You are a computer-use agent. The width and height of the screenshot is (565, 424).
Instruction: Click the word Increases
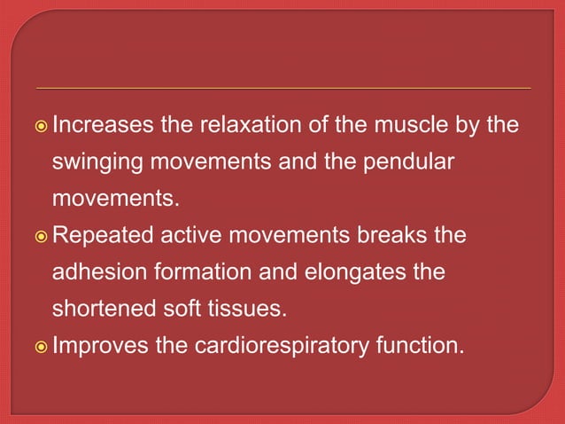103,127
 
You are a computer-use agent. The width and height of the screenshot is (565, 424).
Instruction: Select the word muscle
409,127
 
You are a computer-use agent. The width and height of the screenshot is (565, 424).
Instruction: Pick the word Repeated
99,237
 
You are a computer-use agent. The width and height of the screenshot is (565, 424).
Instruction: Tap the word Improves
101,346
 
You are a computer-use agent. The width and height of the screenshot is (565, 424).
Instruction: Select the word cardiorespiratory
283,346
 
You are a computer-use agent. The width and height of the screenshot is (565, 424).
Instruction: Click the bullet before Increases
42,128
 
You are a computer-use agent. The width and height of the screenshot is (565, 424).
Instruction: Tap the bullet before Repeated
42,238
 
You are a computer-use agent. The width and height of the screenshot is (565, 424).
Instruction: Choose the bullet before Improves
42,347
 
